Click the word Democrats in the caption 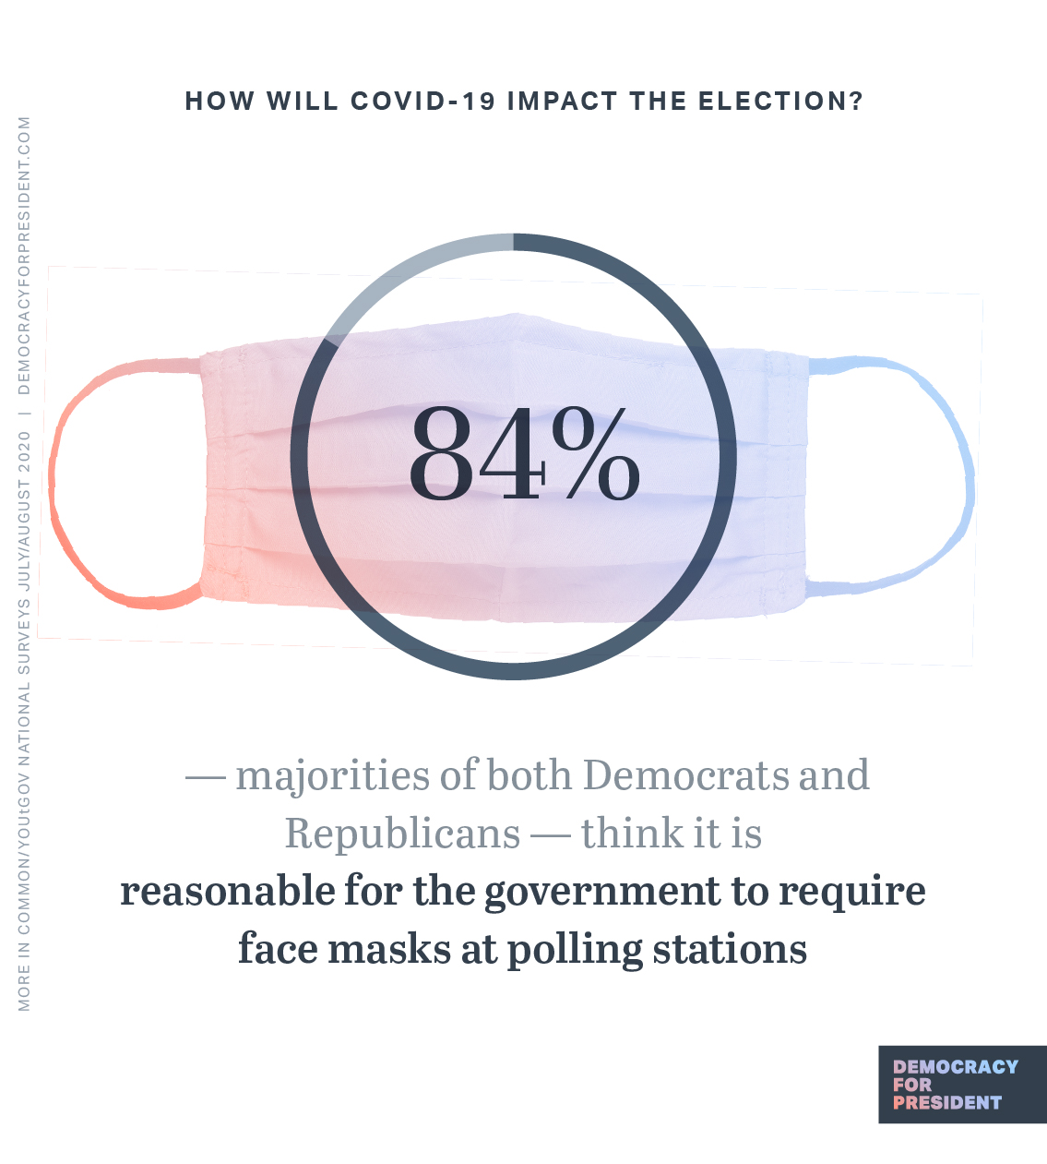click(x=686, y=775)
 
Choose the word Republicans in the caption click(x=403, y=834)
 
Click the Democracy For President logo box click(x=961, y=1084)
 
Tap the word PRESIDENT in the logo click(x=946, y=1102)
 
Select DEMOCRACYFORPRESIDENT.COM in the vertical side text click(x=24, y=255)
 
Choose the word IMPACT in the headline click(x=562, y=101)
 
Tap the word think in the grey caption click(x=631, y=834)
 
